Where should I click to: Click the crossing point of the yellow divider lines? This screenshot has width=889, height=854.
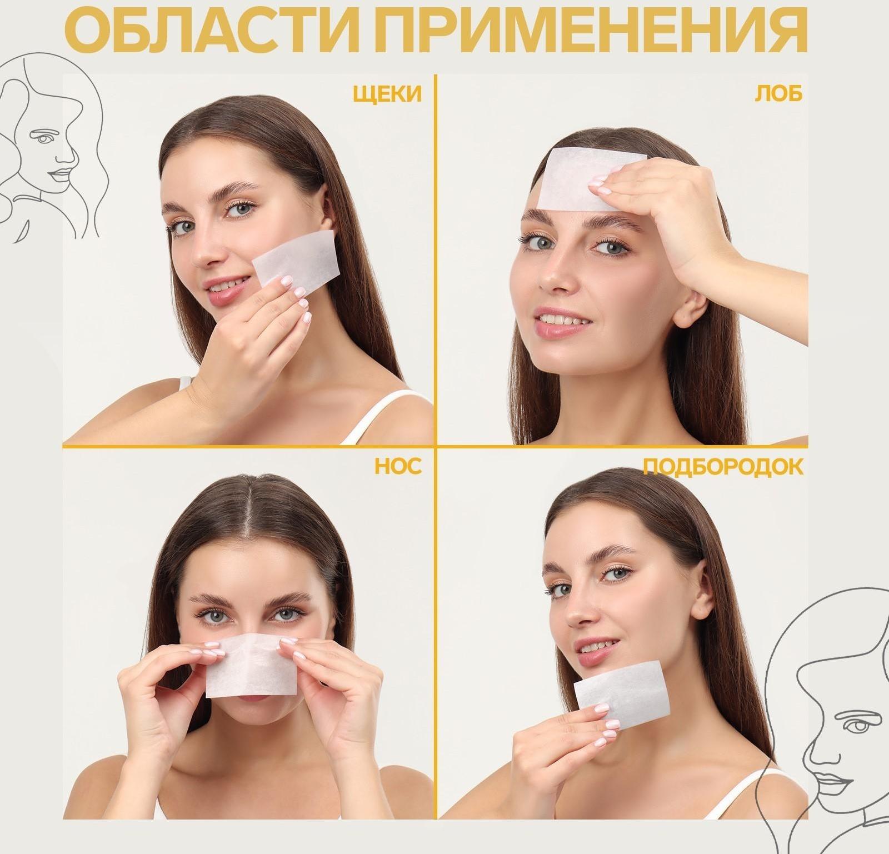[x=436, y=445]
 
